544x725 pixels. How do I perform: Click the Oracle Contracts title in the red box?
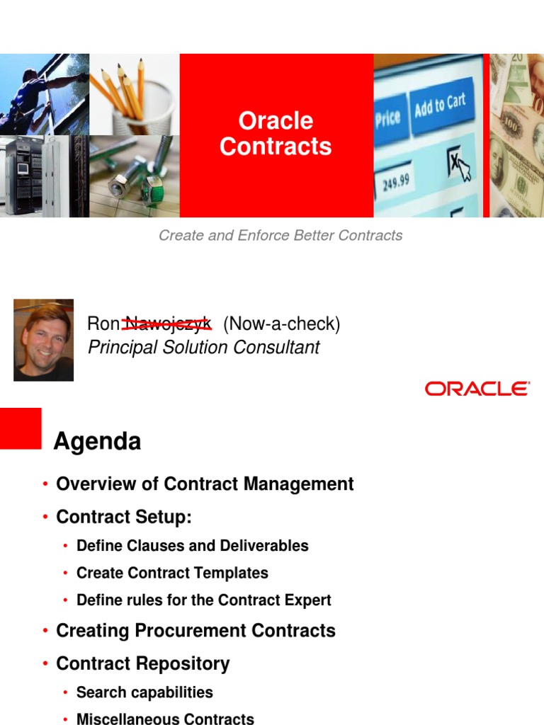click(276, 133)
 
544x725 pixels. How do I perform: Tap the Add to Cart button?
click(440, 106)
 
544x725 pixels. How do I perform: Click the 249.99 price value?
click(396, 181)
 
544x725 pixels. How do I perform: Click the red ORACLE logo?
click(477, 389)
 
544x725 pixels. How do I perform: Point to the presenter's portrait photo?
click(43, 340)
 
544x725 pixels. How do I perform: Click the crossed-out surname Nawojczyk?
click(167, 324)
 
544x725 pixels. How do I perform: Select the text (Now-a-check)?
click(281, 324)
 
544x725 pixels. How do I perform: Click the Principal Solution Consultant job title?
click(203, 348)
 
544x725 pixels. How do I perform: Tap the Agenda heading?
click(98, 442)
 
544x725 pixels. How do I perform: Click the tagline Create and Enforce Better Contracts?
click(280, 236)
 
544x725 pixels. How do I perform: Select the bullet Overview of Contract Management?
click(205, 484)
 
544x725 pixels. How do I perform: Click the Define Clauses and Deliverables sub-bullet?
click(192, 546)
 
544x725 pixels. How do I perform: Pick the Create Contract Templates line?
click(172, 573)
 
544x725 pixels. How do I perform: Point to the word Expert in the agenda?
click(309, 600)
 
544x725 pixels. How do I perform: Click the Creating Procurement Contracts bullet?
click(195, 631)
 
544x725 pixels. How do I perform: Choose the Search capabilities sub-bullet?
click(144, 692)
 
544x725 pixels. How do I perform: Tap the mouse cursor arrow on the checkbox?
click(462, 170)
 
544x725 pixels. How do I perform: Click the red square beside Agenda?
click(21, 428)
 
